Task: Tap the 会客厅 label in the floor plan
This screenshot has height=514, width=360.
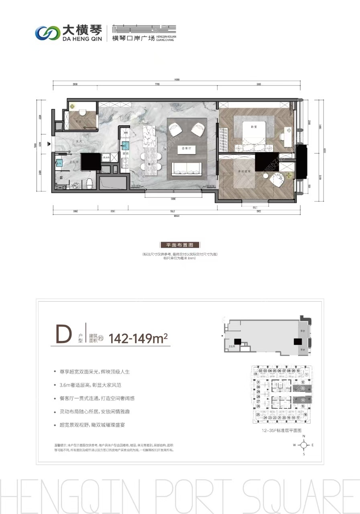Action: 186,148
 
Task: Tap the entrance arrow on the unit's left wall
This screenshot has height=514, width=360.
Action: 49,143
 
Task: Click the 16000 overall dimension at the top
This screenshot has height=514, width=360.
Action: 177,80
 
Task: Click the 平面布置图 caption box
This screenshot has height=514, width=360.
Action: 179,245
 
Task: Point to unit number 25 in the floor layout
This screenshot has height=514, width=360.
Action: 258,414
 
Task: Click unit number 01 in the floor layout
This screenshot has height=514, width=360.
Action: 255,374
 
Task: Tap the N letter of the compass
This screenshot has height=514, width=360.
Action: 304,436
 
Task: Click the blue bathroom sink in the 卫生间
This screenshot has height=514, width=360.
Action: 59,163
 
